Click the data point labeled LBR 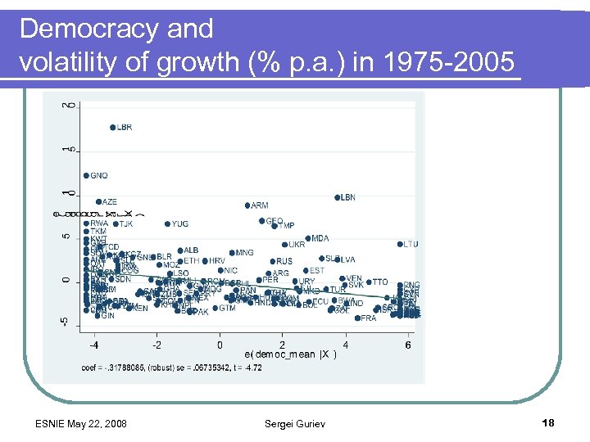pyautogui.click(x=112, y=128)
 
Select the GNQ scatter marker pyautogui.click(x=86, y=175)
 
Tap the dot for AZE pyautogui.click(x=98, y=201)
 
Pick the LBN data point pyautogui.click(x=337, y=197)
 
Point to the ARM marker pyautogui.click(x=247, y=205)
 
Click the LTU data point pyautogui.click(x=400, y=244)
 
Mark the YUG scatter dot pyautogui.click(x=167, y=223)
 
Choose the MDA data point pyautogui.click(x=308, y=238)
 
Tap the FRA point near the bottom pyautogui.click(x=357, y=318)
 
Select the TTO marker pyautogui.click(x=369, y=282)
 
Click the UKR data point pyautogui.click(x=284, y=245)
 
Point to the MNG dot pyautogui.click(x=232, y=253)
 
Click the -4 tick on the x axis pyautogui.click(x=94, y=345)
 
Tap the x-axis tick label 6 pyautogui.click(x=408, y=345)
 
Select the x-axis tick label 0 pyautogui.click(x=220, y=345)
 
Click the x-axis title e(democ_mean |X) pyautogui.click(x=290, y=354)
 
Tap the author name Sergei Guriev pyautogui.click(x=294, y=422)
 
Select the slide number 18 pyautogui.click(x=548, y=422)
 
